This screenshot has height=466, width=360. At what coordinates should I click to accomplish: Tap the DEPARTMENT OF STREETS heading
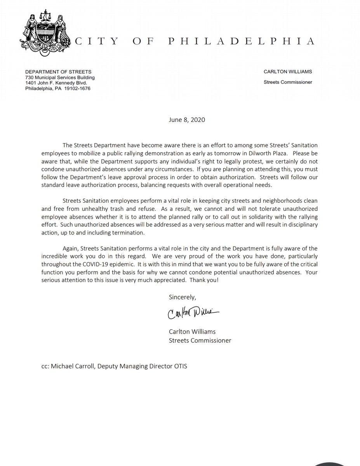pyautogui.click(x=58, y=72)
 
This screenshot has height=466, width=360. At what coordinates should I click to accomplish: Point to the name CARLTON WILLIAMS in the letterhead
pyautogui.click(x=288, y=72)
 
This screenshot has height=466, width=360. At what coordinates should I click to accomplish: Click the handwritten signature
pyautogui.click(x=193, y=313)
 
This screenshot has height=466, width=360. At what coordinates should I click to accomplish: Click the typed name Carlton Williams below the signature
pyautogui.click(x=191, y=332)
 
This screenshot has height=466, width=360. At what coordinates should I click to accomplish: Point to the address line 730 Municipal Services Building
pyautogui.click(x=60, y=77)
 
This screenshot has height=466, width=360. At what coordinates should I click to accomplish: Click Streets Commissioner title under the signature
pyautogui.click(x=200, y=340)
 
